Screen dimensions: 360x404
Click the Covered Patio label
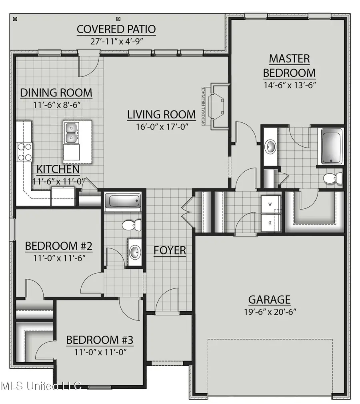[x=116, y=29]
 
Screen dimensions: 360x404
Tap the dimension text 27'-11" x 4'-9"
[x=116, y=41]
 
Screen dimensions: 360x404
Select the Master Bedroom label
[x=289, y=66]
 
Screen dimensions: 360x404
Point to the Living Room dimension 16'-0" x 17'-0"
[x=162, y=127]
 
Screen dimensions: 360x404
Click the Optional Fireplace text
[x=203, y=107]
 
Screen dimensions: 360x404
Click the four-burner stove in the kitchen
[x=24, y=152]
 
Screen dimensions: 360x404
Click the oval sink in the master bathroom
[x=270, y=147]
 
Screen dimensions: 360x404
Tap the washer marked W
[x=270, y=204]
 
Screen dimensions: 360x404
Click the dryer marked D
[x=270, y=222]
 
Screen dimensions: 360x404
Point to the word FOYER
[x=170, y=250]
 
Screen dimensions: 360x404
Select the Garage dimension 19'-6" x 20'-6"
[x=270, y=312]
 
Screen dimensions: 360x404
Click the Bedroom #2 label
[x=59, y=246]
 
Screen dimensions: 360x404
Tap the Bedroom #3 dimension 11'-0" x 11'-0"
[x=100, y=352]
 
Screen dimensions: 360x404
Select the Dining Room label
[x=56, y=93]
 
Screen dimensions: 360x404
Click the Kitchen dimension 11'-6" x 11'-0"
[x=58, y=182]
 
